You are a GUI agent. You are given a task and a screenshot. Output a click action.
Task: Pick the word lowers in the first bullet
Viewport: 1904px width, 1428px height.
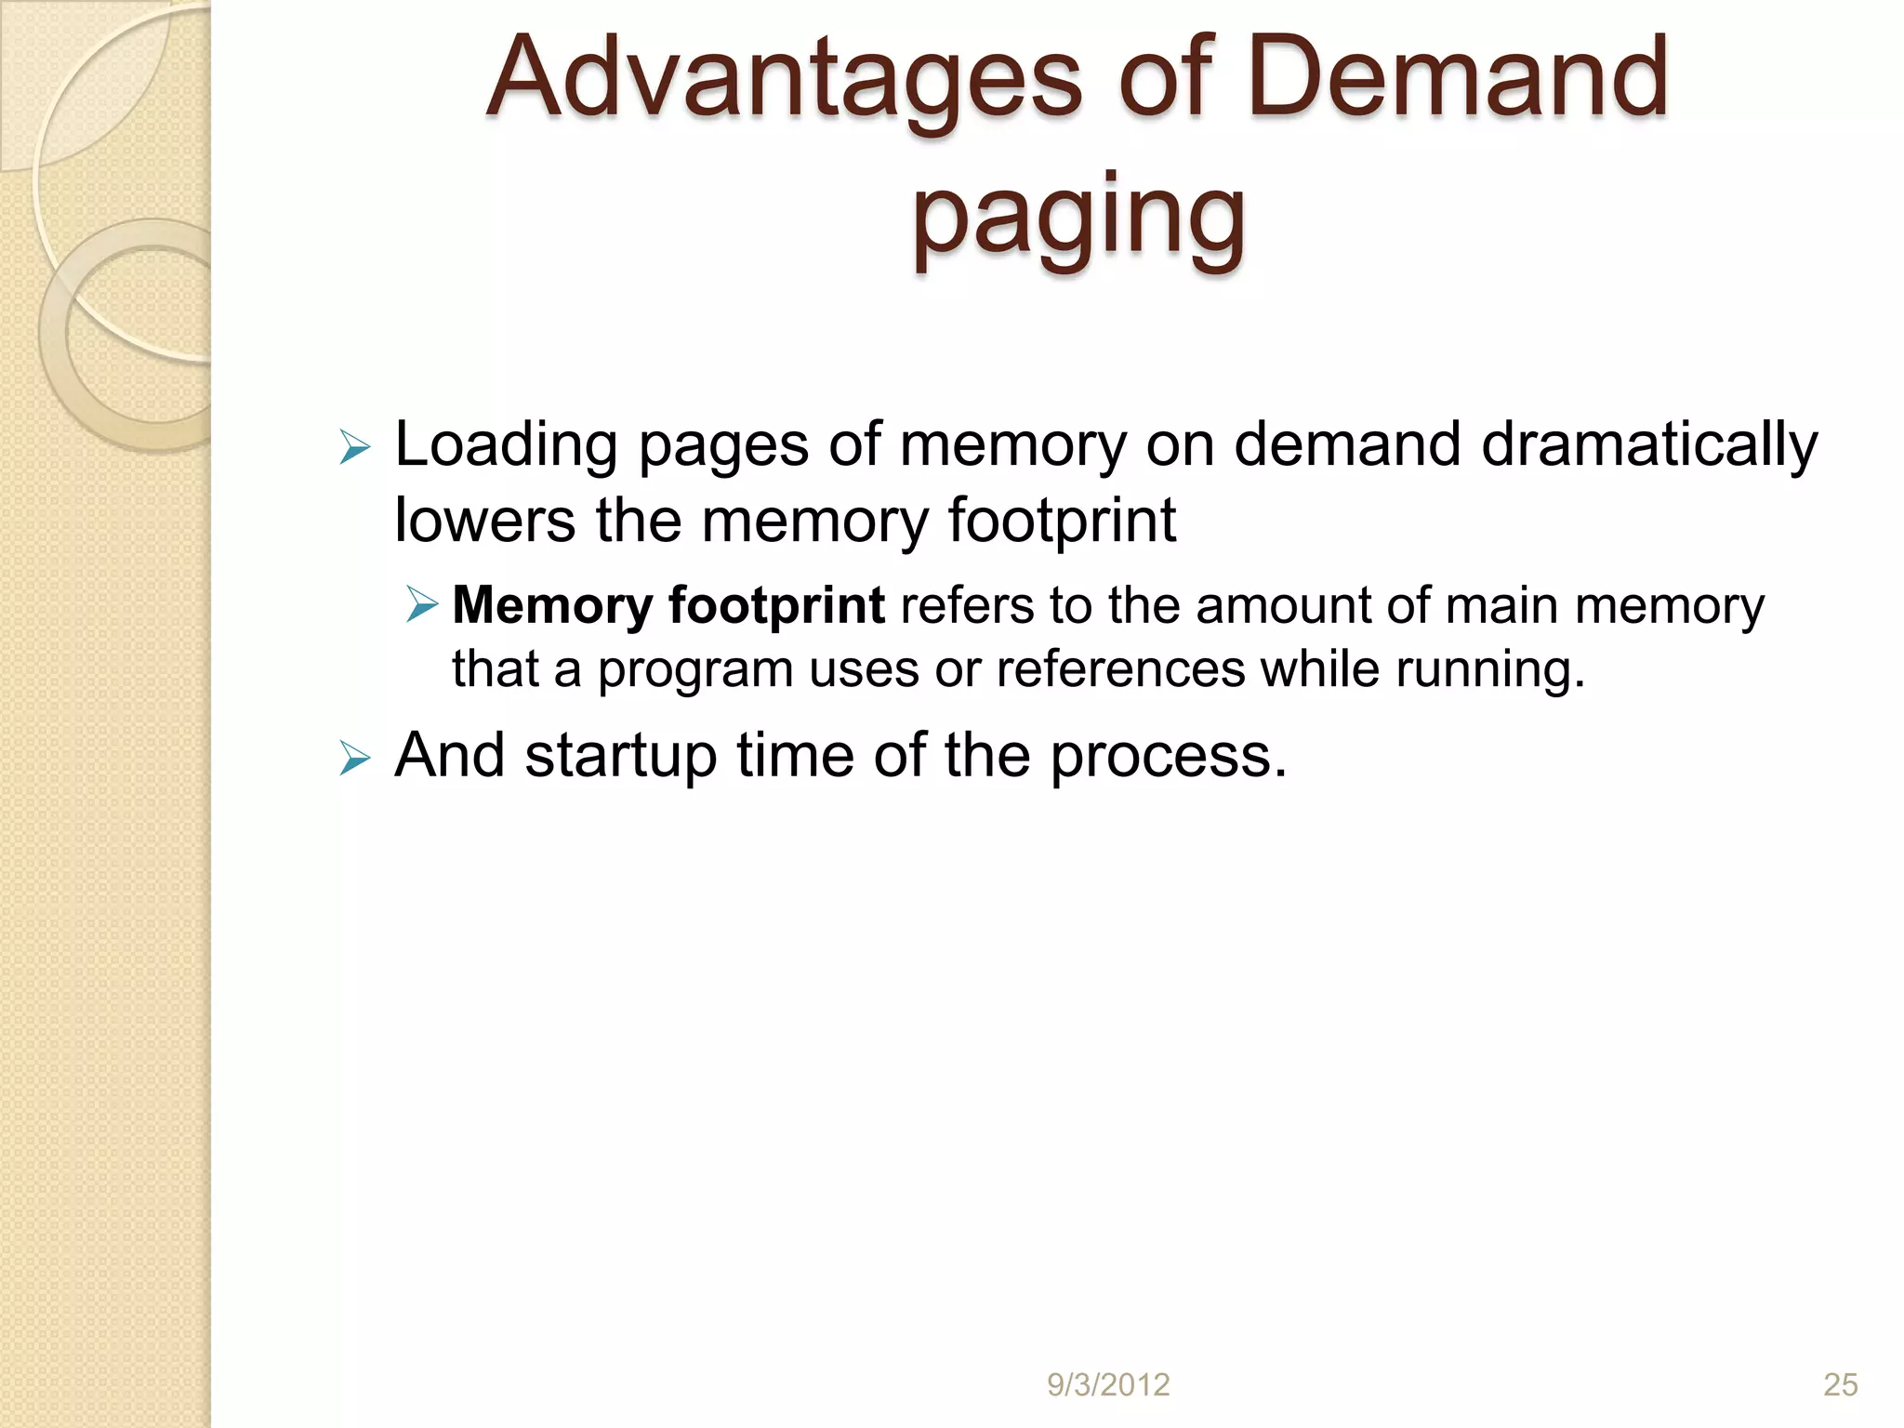click(x=484, y=521)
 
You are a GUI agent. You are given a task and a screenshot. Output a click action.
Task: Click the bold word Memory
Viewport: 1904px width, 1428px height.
click(x=552, y=607)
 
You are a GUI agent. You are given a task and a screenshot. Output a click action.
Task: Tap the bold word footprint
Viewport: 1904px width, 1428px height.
click(x=776, y=607)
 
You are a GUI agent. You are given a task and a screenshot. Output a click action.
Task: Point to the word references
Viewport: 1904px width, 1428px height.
click(x=1120, y=669)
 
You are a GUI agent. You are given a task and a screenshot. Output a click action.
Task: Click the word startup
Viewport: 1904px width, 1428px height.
click(x=620, y=757)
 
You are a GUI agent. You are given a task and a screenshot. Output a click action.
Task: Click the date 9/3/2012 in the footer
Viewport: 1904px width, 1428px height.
click(x=1108, y=1385)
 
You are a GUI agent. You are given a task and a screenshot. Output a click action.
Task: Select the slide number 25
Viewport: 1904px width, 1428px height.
click(x=1840, y=1385)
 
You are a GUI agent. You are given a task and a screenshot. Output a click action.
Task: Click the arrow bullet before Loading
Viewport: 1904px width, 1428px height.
click(x=354, y=448)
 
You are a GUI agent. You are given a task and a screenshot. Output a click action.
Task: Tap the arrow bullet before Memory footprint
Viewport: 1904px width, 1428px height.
click(x=422, y=605)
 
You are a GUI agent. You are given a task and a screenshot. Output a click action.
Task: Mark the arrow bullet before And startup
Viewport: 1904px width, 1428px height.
click(x=354, y=759)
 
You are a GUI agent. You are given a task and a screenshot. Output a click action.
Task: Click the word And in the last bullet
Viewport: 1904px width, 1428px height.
click(x=449, y=755)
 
